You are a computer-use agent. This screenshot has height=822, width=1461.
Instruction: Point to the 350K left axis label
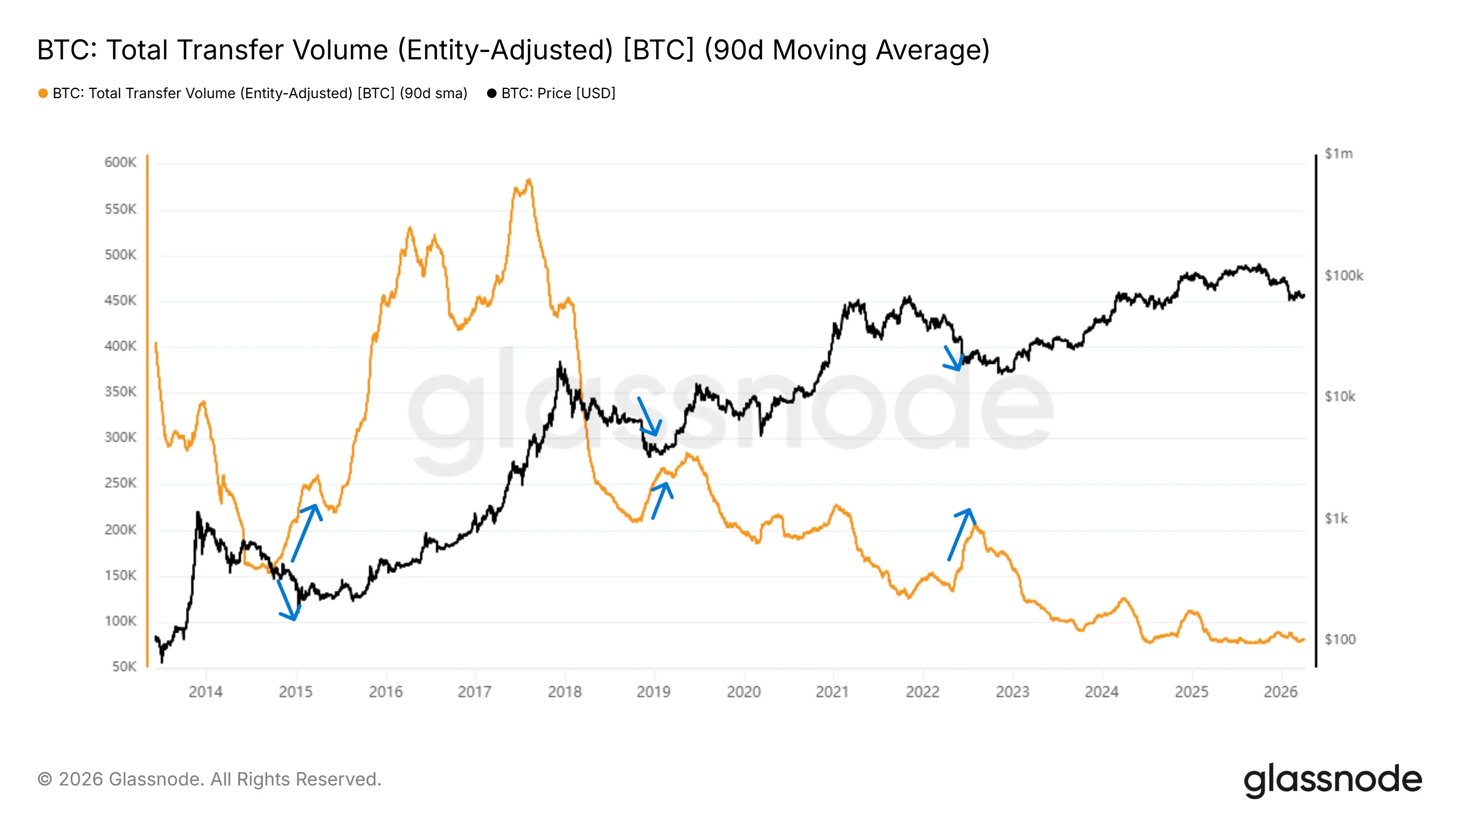point(120,392)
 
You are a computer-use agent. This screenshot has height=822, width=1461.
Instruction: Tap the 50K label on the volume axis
point(124,667)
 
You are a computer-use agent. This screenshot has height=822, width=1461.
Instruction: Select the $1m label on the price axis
point(1339,154)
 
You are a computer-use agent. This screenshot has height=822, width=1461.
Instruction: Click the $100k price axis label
point(1344,276)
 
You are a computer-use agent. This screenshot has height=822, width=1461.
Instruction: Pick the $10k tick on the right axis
point(1340,396)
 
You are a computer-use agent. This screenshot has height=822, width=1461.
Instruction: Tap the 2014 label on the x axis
point(205,692)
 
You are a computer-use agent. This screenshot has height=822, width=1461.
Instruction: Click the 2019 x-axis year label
point(653,692)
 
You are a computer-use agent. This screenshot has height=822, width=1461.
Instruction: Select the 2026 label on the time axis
point(1280,692)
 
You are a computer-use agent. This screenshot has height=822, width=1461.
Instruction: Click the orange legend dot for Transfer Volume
point(43,94)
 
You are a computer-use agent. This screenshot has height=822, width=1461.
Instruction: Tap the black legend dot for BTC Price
point(492,94)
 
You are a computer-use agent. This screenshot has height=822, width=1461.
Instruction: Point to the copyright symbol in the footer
point(45,780)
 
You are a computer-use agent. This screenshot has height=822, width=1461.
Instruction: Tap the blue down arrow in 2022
point(952,358)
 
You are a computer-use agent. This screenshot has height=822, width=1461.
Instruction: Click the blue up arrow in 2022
point(960,534)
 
